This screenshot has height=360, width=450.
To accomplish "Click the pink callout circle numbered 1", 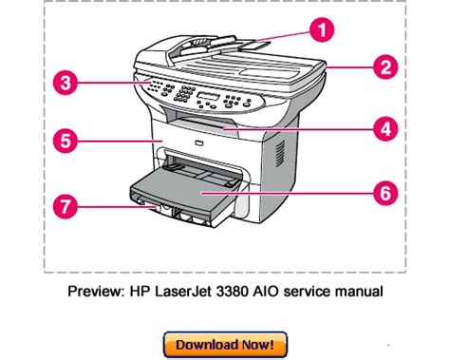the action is pyautogui.click(x=322, y=30).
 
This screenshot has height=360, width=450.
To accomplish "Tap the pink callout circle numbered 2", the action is pyautogui.click(x=385, y=67).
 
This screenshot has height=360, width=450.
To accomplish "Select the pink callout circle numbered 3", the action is pyautogui.click(x=66, y=83).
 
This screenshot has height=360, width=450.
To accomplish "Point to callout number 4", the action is pyautogui.click(x=385, y=129).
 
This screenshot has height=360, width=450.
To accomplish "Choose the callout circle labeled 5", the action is pyautogui.click(x=66, y=141).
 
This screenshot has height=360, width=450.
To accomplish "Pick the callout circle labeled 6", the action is pyautogui.click(x=385, y=193).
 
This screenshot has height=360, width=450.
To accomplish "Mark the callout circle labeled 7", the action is pyautogui.click(x=66, y=207).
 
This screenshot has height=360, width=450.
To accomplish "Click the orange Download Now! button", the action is pyautogui.click(x=225, y=345).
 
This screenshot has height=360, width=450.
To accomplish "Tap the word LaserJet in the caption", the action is pyautogui.click(x=182, y=291).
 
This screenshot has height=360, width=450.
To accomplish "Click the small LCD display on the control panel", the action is pyautogui.click(x=208, y=96).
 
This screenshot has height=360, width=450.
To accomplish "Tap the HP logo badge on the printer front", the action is pyautogui.click(x=198, y=143).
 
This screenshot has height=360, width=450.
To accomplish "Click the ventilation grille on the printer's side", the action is pyautogui.click(x=280, y=154).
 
